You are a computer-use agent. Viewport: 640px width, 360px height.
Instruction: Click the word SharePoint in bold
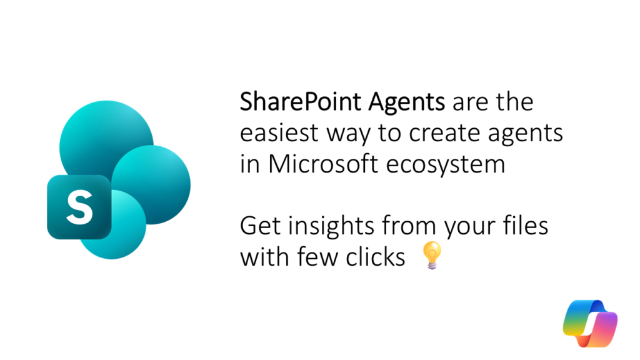coord(301,102)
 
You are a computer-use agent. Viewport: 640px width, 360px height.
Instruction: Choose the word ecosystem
coord(446,165)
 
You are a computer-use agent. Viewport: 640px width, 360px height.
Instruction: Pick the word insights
coord(331,227)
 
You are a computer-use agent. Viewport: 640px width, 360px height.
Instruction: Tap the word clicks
coord(376,257)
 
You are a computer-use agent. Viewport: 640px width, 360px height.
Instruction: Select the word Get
coord(261,226)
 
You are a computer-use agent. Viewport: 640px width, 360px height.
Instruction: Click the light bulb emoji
coord(431,255)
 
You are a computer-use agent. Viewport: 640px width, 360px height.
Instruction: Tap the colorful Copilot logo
coord(590,323)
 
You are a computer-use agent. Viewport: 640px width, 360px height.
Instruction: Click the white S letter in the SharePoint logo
coord(79,207)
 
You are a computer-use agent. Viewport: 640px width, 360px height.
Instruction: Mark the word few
coord(317,257)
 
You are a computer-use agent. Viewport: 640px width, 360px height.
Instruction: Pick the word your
coord(470,229)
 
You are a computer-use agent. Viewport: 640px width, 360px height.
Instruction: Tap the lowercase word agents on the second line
coord(525,135)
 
